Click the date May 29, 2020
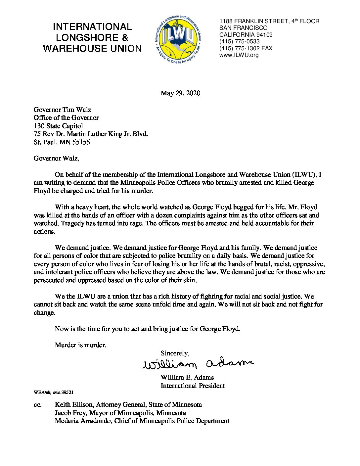(x=180, y=93)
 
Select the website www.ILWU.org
(x=239, y=55)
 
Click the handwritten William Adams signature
(x=198, y=363)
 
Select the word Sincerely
(x=175, y=353)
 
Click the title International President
(x=193, y=386)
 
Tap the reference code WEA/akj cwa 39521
(x=53, y=392)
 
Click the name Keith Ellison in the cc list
(x=73, y=404)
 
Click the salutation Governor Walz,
(x=56, y=158)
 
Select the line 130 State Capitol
(x=58, y=126)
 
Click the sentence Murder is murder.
(x=81, y=345)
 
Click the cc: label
(x=38, y=405)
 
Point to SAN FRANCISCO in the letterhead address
(x=243, y=28)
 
